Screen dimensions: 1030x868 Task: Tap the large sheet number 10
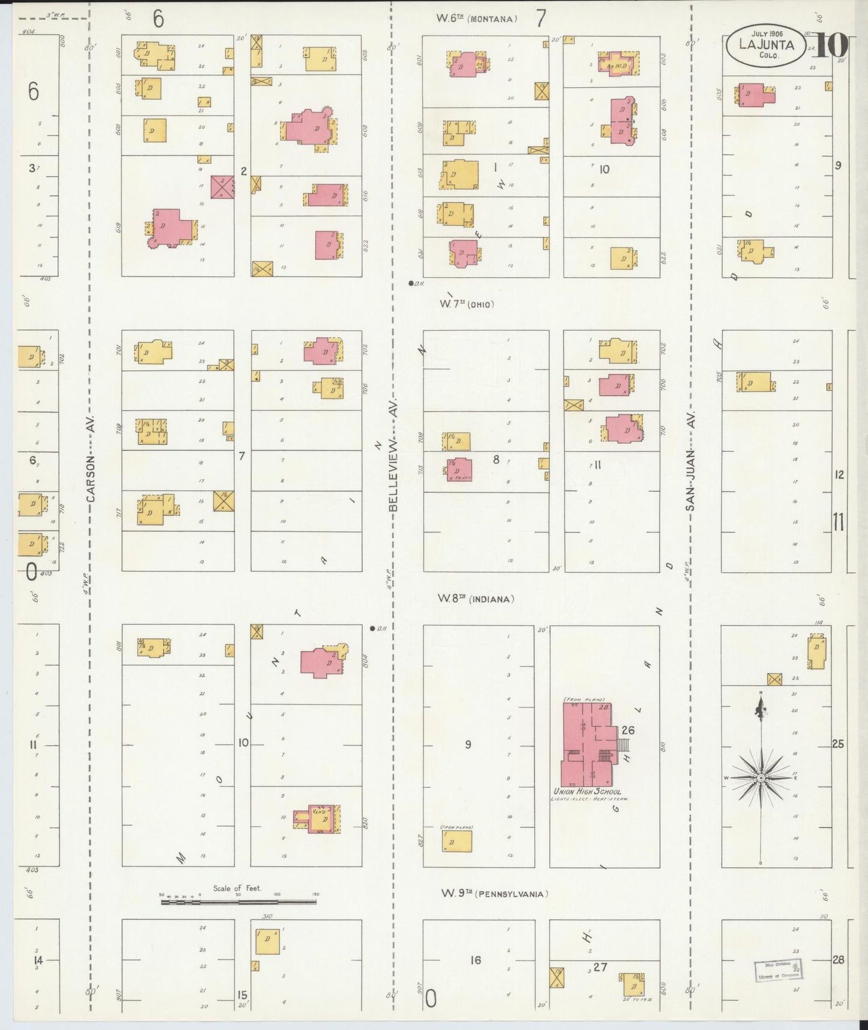(x=831, y=45)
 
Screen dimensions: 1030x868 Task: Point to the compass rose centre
(x=761, y=778)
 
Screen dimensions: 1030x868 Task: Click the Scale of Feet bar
(x=238, y=902)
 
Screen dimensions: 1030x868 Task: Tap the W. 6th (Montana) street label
(x=477, y=19)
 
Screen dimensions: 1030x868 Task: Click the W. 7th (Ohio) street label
(x=466, y=305)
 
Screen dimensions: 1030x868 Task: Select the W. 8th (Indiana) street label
(x=476, y=599)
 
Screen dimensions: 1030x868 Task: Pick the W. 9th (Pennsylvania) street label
(x=495, y=894)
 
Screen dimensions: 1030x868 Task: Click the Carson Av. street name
(x=91, y=460)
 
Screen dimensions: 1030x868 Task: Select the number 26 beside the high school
(x=628, y=730)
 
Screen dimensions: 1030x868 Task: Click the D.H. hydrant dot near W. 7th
(x=411, y=283)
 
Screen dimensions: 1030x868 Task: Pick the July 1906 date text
(x=765, y=34)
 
